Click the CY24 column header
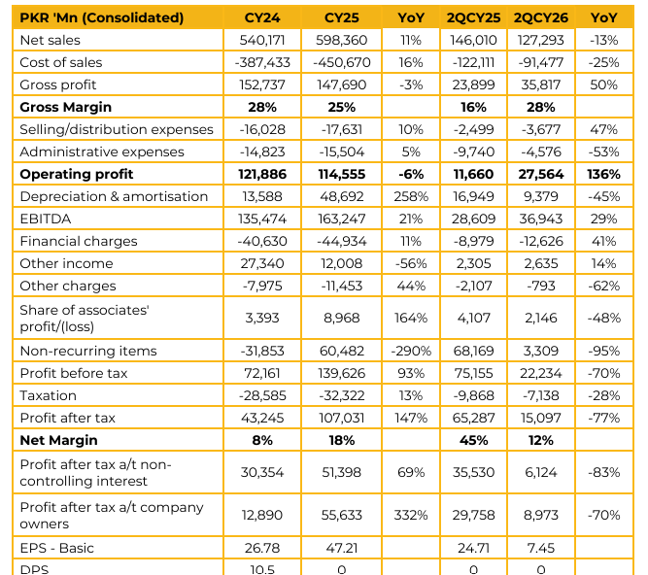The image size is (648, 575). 262,17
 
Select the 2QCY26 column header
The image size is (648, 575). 540,17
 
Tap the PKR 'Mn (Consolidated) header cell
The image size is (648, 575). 102,17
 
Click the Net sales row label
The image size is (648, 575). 50,40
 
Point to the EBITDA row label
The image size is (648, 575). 46,219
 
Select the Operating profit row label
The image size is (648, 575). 77,174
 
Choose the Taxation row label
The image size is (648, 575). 48,395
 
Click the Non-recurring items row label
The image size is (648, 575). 88,351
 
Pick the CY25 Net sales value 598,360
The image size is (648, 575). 341,40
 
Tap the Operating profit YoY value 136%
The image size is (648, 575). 603,174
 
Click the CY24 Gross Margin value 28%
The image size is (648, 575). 262,107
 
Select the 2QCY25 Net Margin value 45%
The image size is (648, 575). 473,440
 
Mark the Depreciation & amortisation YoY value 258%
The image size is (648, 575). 411,196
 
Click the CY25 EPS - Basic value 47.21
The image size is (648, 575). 341,548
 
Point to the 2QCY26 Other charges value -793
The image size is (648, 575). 540,286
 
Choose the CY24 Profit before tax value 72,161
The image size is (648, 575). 262,373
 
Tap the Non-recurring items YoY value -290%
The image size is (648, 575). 411,351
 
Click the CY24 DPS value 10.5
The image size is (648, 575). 262,569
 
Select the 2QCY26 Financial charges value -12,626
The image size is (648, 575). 540,241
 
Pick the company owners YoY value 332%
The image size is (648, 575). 411,515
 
